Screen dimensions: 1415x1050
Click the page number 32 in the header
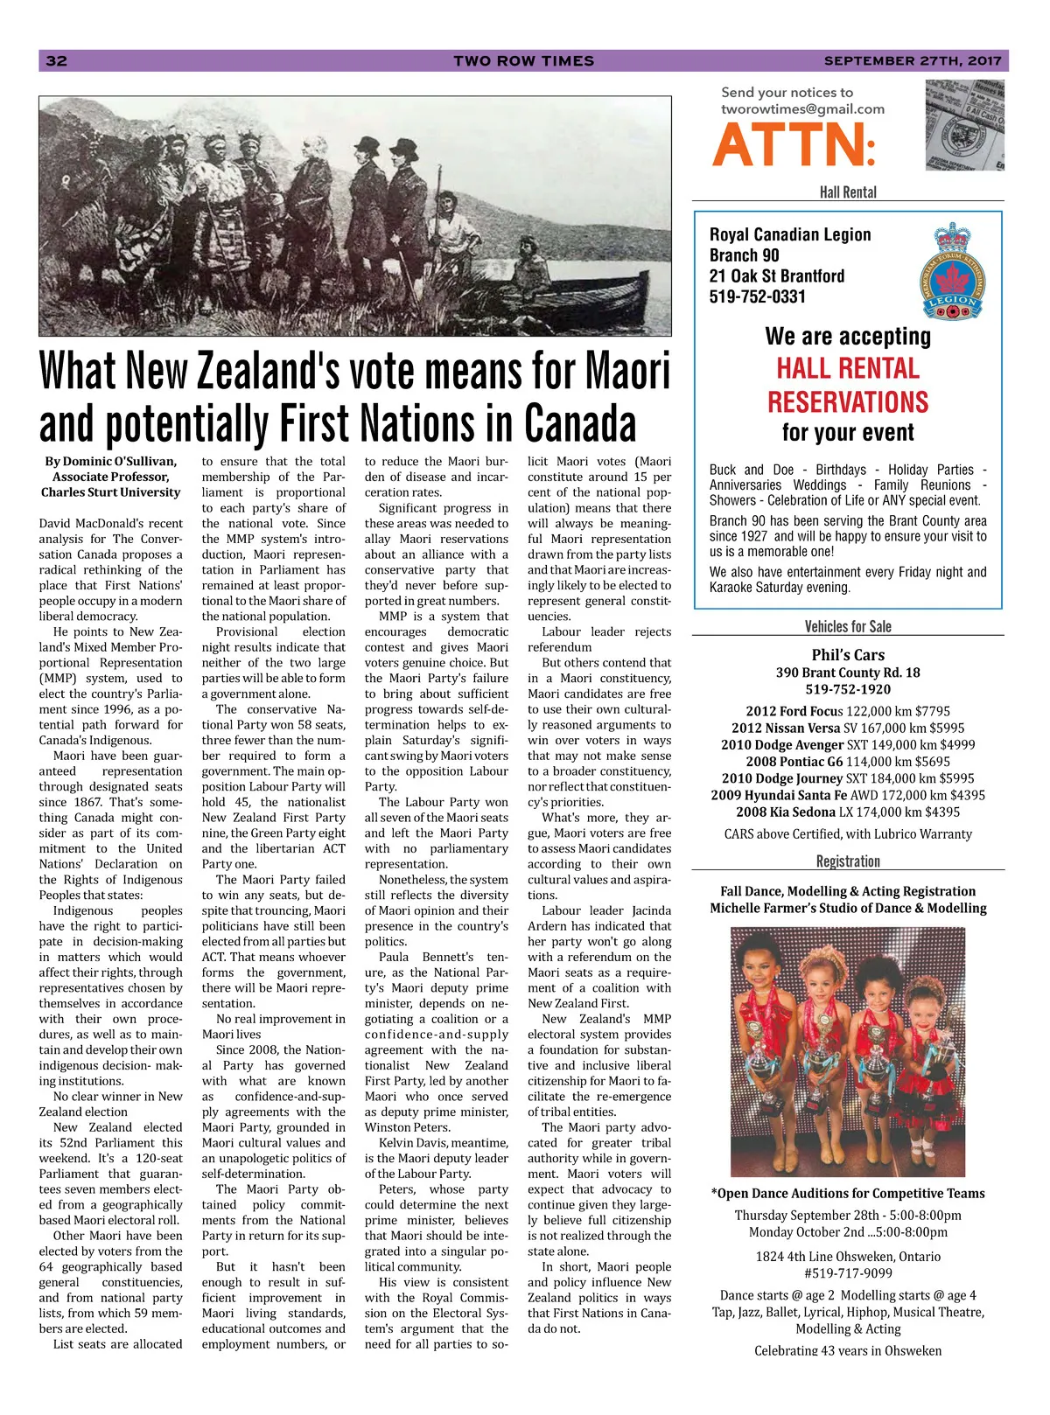pyautogui.click(x=56, y=60)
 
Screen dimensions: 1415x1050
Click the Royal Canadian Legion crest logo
pyautogui.click(x=953, y=270)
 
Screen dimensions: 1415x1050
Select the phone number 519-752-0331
pyautogui.click(x=757, y=296)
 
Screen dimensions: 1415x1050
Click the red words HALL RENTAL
pyautogui.click(x=847, y=368)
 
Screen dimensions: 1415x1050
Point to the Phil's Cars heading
pyautogui.click(x=847, y=655)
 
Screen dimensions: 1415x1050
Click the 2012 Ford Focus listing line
pyautogui.click(x=847, y=711)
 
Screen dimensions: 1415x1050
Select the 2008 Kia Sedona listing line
pyautogui.click(x=847, y=812)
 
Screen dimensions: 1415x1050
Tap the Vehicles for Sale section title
pyautogui.click(x=847, y=626)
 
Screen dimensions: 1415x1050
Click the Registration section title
pyautogui.click(x=847, y=861)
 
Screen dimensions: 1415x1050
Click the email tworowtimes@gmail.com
pyautogui.click(x=802, y=109)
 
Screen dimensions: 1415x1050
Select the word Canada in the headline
pyautogui.click(x=580, y=424)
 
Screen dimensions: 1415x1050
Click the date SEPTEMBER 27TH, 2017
pyautogui.click(x=912, y=60)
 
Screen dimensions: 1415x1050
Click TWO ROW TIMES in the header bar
pyautogui.click(x=523, y=60)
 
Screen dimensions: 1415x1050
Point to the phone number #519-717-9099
pyautogui.click(x=847, y=1273)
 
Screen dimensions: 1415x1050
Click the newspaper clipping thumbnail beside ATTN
pyautogui.click(x=964, y=125)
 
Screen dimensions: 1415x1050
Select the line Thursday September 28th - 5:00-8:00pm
pyautogui.click(x=847, y=1216)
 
